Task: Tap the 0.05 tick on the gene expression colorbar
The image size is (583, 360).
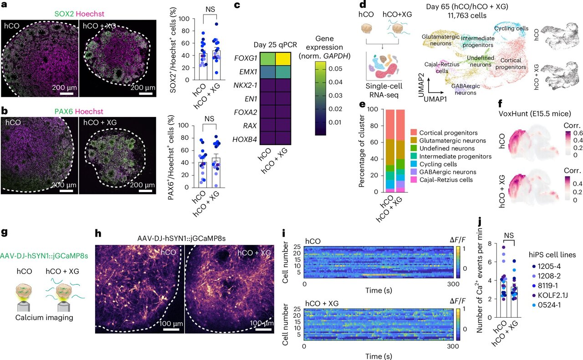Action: point(336,68)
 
